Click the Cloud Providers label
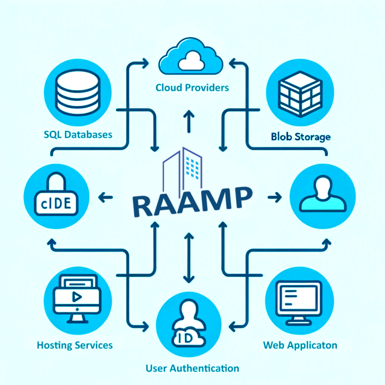[x=192, y=88]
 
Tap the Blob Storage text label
[x=300, y=136]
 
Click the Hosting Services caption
[x=75, y=345]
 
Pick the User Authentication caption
[x=192, y=368]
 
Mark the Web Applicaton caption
[x=300, y=345]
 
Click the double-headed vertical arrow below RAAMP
[x=188, y=258]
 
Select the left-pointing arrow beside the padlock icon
[x=105, y=197]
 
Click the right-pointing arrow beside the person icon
[x=274, y=198]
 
